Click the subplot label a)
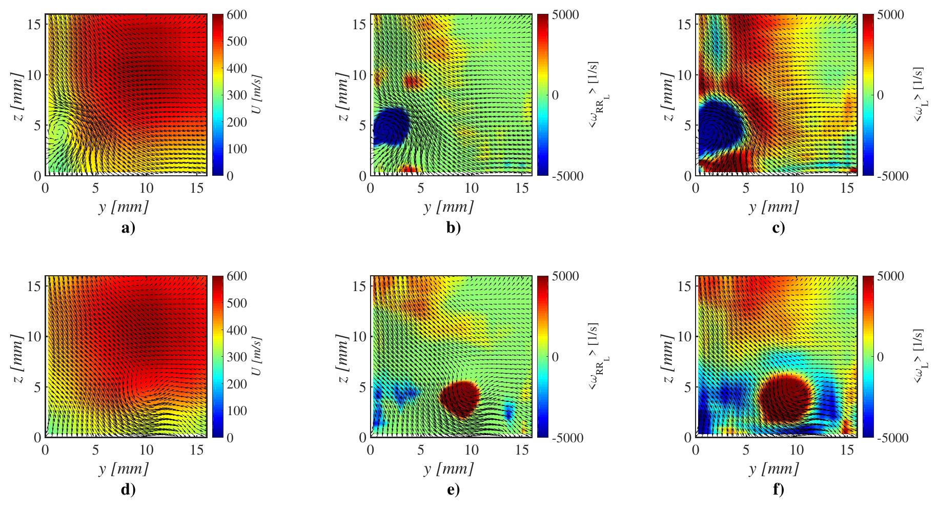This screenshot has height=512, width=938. [x=128, y=228]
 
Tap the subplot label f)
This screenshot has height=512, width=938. [x=778, y=490]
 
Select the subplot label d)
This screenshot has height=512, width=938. [x=128, y=490]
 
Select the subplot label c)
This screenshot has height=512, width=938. [x=778, y=228]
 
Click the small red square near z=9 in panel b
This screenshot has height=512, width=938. [x=412, y=81]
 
